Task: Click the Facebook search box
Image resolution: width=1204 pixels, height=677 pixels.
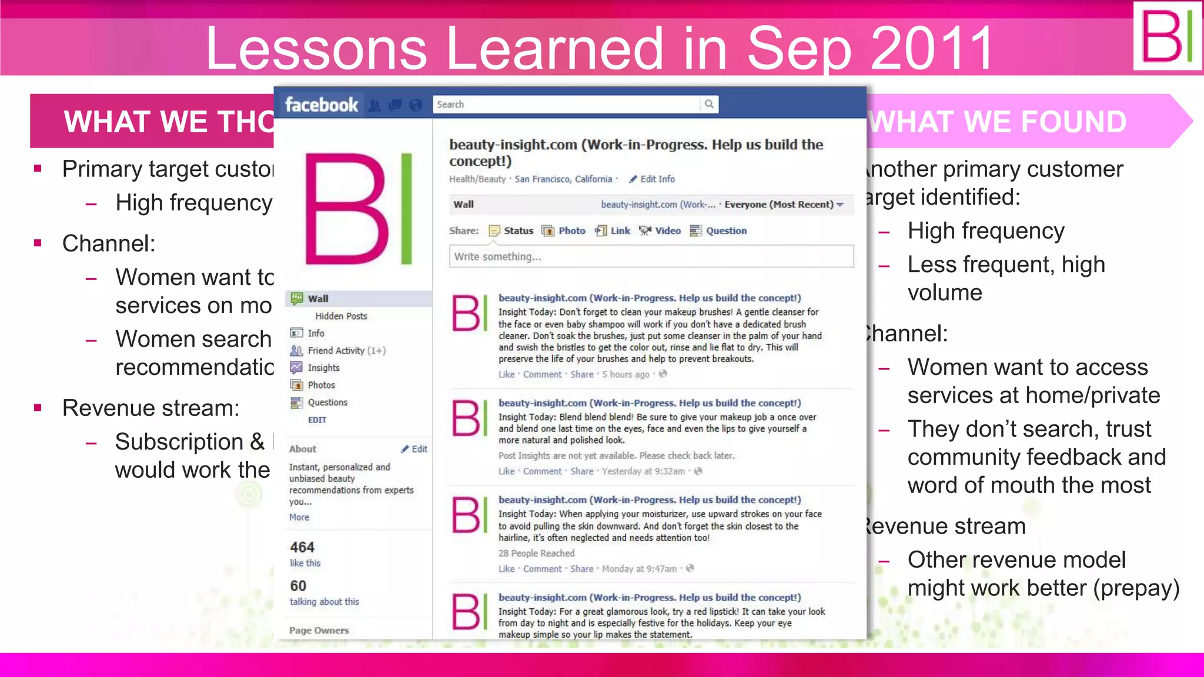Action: pyautogui.click(x=566, y=104)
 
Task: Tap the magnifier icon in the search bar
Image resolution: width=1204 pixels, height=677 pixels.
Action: pyautogui.click(x=709, y=104)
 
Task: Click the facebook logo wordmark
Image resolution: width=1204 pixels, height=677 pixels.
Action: pyautogui.click(x=321, y=105)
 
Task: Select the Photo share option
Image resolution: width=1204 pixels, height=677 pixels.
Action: pyautogui.click(x=564, y=231)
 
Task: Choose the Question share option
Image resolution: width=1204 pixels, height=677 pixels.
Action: pyautogui.click(x=718, y=231)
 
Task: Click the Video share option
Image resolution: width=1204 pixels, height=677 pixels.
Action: pyautogui.click(x=660, y=231)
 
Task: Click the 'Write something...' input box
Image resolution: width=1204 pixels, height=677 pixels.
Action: pyautogui.click(x=651, y=257)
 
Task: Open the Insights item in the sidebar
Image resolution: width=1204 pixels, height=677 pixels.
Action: pyautogui.click(x=323, y=368)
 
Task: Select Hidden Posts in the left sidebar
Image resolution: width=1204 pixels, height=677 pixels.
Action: pyautogui.click(x=341, y=316)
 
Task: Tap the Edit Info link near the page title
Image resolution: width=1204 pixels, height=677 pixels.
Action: pyautogui.click(x=657, y=179)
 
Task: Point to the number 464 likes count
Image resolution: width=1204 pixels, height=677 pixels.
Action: pyautogui.click(x=302, y=548)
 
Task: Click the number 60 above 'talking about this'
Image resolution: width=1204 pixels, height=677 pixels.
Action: pyautogui.click(x=298, y=586)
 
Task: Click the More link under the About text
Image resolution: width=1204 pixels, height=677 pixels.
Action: pyautogui.click(x=299, y=517)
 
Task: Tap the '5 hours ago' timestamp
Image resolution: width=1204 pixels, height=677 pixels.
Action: pyautogui.click(x=626, y=374)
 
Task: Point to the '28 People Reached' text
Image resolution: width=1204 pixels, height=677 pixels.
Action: pyautogui.click(x=536, y=553)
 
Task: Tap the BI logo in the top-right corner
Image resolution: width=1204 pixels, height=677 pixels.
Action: pyautogui.click(x=1167, y=36)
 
